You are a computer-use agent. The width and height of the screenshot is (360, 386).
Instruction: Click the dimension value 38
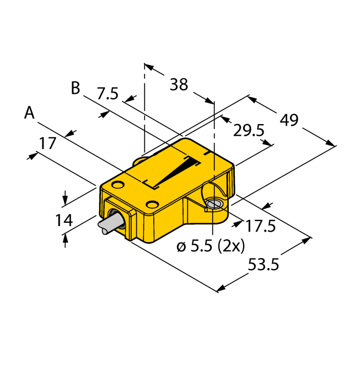(x=179, y=85)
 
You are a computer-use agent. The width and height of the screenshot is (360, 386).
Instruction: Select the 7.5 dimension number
(x=107, y=94)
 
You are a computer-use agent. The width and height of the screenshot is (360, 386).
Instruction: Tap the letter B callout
(x=76, y=88)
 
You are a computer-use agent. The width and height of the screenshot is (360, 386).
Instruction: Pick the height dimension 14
(x=64, y=221)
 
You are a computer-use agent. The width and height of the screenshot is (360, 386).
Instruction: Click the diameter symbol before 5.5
(x=181, y=246)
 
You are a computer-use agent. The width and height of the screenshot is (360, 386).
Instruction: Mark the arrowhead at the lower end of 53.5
(x=221, y=287)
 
